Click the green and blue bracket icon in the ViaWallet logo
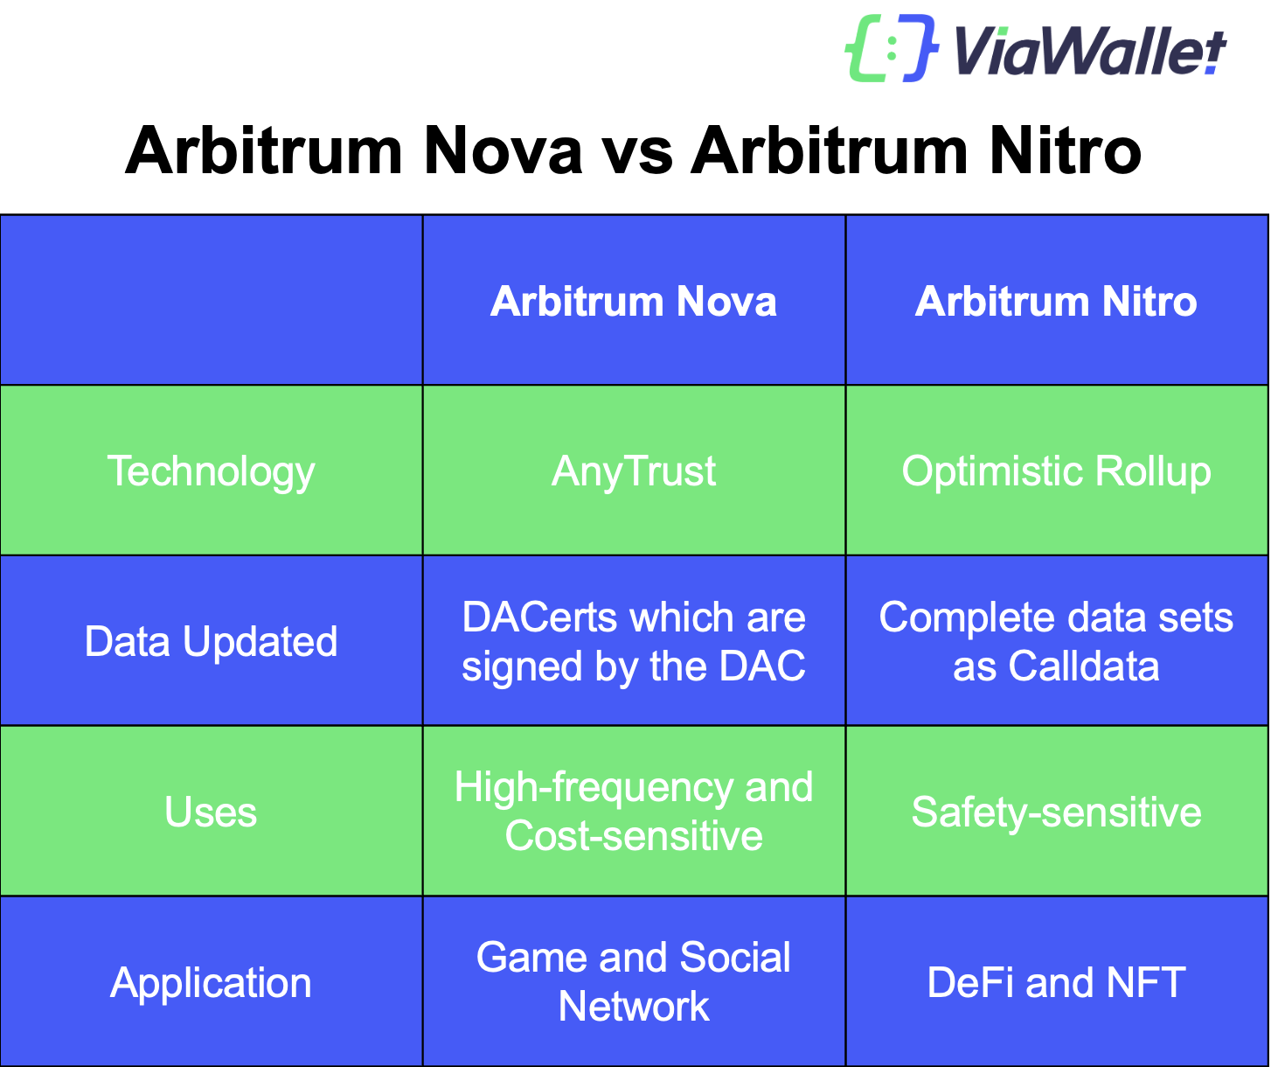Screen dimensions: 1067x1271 coord(891,49)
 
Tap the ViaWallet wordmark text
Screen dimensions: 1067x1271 coord(1089,51)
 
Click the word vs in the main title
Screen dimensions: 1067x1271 coord(636,150)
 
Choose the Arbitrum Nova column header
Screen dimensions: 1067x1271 coord(634,302)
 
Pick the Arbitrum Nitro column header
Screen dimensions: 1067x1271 coord(1056,302)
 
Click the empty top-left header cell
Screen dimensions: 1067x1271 coord(211,300)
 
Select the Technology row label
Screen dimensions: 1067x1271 coord(211,471)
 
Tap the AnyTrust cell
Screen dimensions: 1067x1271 coord(634,471)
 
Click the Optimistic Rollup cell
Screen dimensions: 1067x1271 coord(1056,471)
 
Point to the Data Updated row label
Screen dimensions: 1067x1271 coord(211,641)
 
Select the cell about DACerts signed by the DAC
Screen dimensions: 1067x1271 coord(634,641)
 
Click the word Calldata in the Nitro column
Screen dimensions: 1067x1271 coord(1083,666)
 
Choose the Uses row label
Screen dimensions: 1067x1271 coord(211,812)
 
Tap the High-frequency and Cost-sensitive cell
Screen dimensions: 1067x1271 coord(634,811)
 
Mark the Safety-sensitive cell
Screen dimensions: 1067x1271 coord(1056,812)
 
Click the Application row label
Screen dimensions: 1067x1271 coord(211,982)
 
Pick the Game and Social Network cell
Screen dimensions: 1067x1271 coord(634,981)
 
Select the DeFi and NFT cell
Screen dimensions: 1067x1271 coord(1056,982)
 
